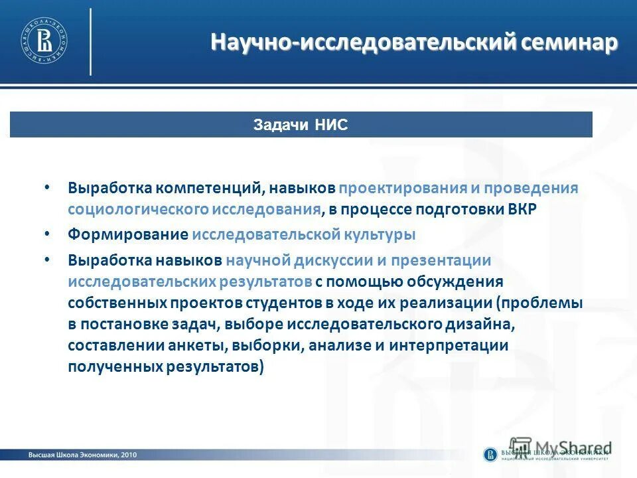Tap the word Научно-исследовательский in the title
[x=363, y=43]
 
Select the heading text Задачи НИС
[x=301, y=125]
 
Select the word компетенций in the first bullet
[x=211, y=189]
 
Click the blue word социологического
[x=138, y=209]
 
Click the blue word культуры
[x=380, y=235]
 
